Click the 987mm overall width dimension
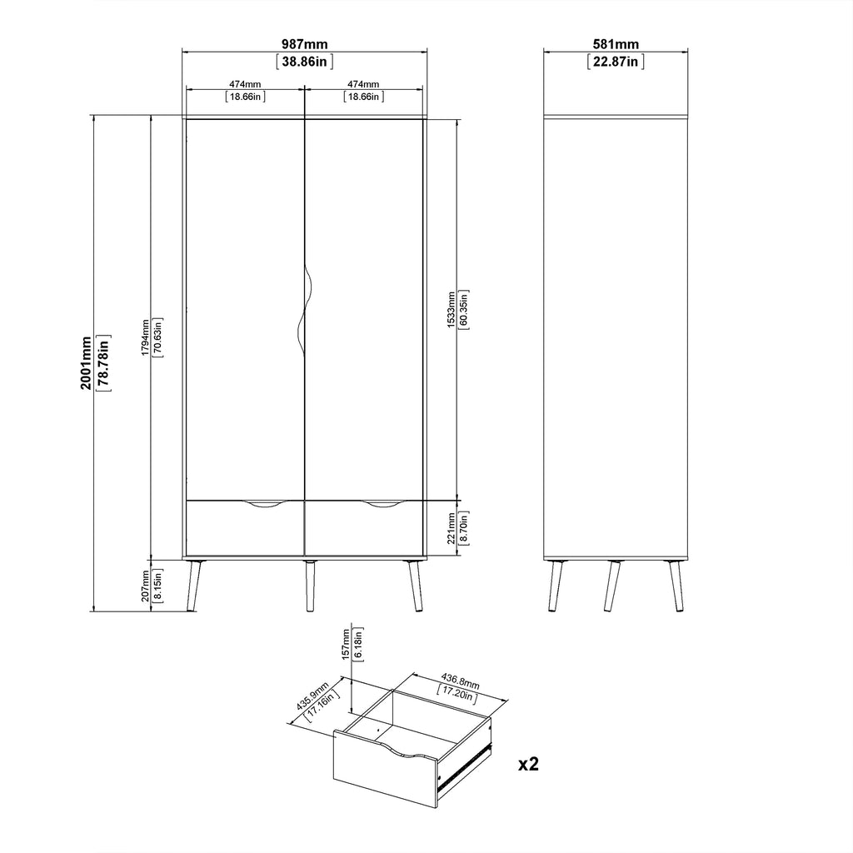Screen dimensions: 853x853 pyautogui.click(x=305, y=44)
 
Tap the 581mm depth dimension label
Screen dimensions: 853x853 pyautogui.click(x=616, y=44)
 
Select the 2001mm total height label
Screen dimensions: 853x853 pyautogui.click(x=87, y=363)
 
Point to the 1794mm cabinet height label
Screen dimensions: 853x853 pyautogui.click(x=145, y=337)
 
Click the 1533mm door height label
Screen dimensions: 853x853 pyautogui.click(x=451, y=310)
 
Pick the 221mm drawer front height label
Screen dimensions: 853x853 pyautogui.click(x=451, y=527)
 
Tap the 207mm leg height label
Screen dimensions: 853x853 pyautogui.click(x=145, y=586)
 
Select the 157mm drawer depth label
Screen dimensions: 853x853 pyautogui.click(x=346, y=644)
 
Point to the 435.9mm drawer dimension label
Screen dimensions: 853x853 pyautogui.click(x=312, y=696)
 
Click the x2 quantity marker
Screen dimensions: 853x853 pyautogui.click(x=528, y=765)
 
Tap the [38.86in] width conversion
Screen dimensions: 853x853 pyautogui.click(x=305, y=62)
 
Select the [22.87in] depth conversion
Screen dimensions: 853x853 pyautogui.click(x=616, y=62)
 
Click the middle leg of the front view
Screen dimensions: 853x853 pyautogui.click(x=310, y=586)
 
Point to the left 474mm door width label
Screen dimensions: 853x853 pyautogui.click(x=245, y=84)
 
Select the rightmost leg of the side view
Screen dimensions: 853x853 pyautogui.click(x=676, y=586)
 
